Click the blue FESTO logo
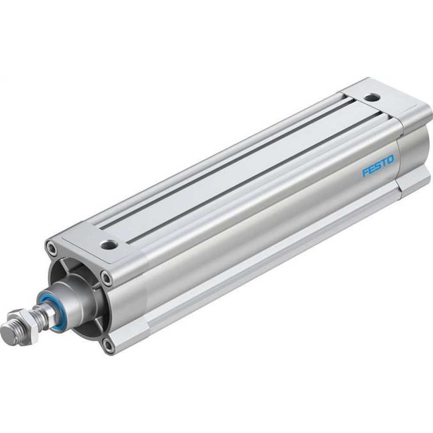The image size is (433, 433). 378,167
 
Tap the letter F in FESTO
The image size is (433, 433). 365,173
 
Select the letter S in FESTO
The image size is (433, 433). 378,167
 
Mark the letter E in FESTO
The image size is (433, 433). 371,170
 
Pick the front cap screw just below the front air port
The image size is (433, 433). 106,278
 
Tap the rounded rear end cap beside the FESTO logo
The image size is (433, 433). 414,152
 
